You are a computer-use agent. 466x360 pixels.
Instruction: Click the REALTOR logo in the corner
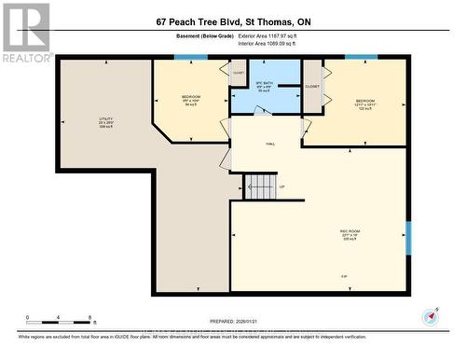(x=26, y=33)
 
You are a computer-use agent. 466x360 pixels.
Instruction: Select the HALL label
(x=270, y=144)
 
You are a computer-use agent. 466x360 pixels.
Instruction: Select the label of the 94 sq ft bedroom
(x=190, y=101)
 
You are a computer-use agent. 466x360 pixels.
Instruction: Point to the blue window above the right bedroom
(x=361, y=58)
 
